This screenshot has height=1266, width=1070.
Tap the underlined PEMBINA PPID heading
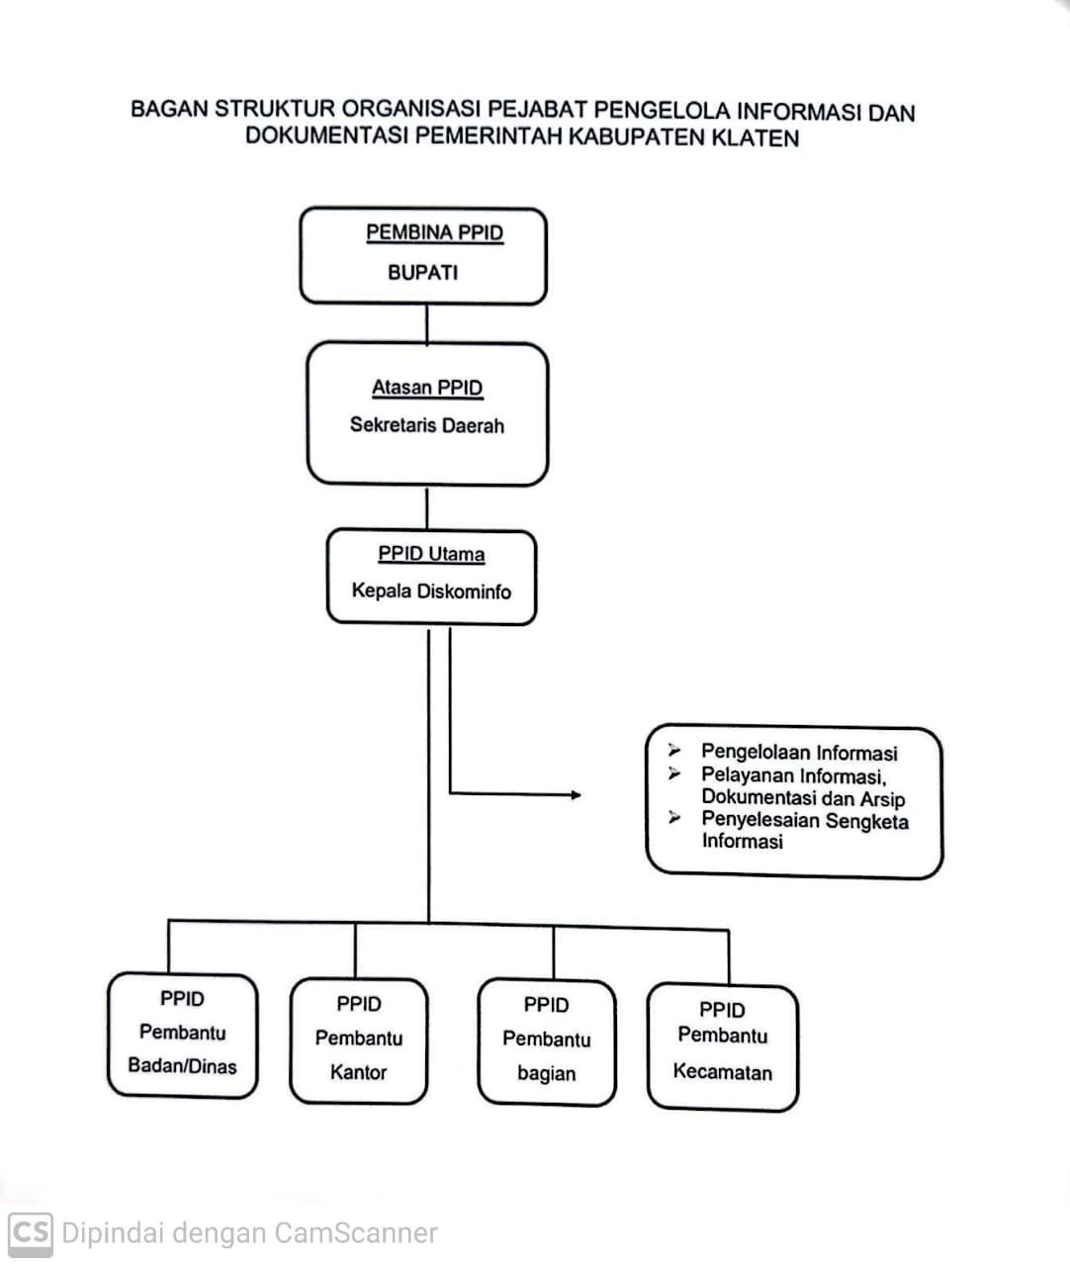point(435,232)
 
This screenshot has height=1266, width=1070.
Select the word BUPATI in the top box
point(422,272)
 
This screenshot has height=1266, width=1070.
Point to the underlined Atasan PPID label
point(427,388)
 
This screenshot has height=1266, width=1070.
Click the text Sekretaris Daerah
point(427,425)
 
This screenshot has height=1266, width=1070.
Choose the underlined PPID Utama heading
point(431,554)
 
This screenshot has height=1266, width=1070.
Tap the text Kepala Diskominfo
point(431,591)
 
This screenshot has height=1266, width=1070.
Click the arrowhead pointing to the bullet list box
point(576,795)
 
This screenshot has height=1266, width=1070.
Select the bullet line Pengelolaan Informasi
point(799,752)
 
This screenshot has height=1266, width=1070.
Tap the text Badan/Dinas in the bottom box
point(182,1066)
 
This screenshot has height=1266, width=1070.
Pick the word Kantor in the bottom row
point(358,1072)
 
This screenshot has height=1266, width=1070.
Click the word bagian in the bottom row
point(546,1074)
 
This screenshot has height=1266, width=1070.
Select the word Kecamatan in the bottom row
point(722,1071)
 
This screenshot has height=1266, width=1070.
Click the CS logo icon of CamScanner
point(31,1234)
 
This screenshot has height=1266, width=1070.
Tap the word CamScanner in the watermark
point(356,1233)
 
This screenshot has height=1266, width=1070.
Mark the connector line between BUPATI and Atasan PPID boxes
point(427,324)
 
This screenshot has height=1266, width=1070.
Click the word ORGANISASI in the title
point(410,109)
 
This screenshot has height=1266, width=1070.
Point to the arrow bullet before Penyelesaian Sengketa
point(674,818)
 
